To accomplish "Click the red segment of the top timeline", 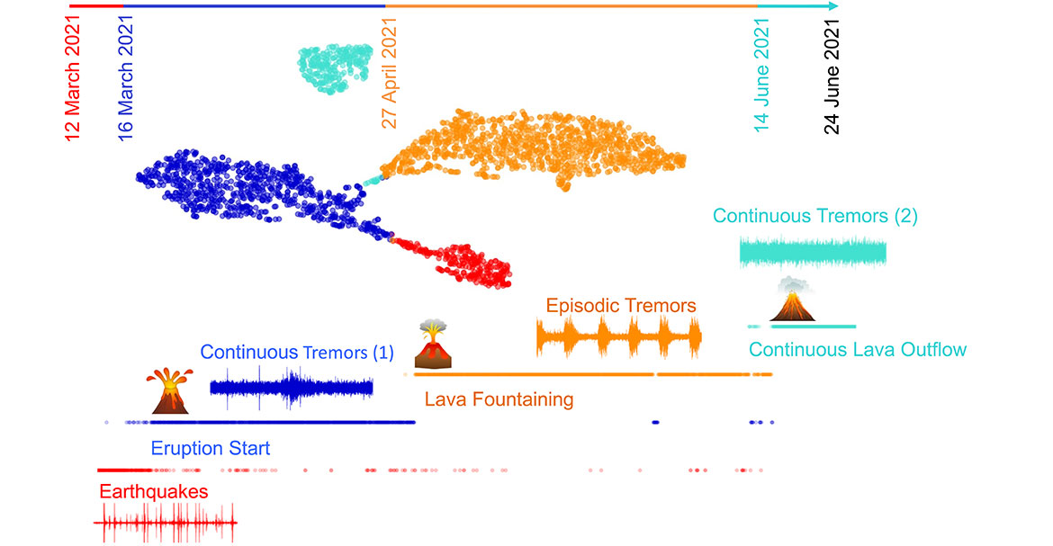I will coord(96,5).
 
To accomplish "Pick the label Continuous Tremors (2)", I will coord(815,216).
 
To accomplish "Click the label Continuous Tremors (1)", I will coord(297,353).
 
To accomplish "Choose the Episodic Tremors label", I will coord(620,306).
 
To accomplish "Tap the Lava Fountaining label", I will coord(499,398).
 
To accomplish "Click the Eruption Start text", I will coord(211,448).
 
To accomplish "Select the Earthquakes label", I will coord(154,492).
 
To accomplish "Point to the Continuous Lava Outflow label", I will coord(858,349).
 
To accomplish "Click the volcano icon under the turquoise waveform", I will coord(793,300).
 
